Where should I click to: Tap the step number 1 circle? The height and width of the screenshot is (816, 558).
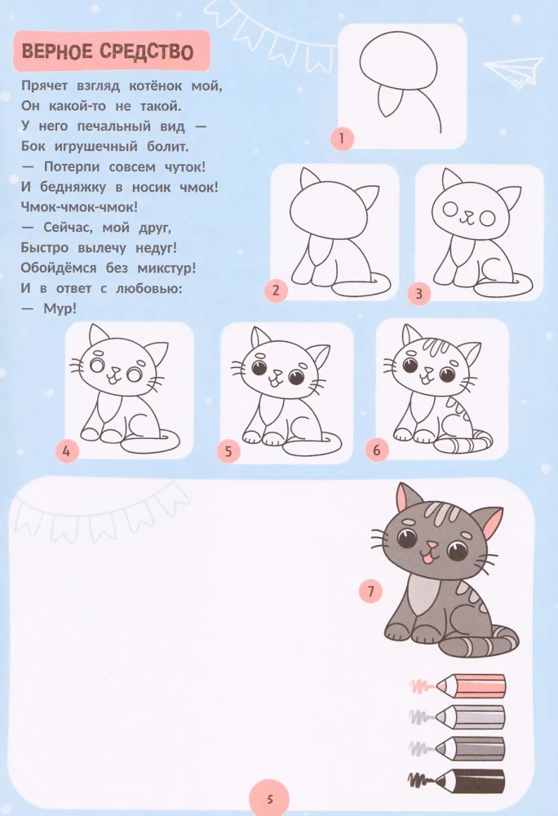(x=342, y=139)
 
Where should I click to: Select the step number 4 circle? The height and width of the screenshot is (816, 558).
(x=67, y=448)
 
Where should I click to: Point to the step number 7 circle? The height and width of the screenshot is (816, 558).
(x=370, y=592)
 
